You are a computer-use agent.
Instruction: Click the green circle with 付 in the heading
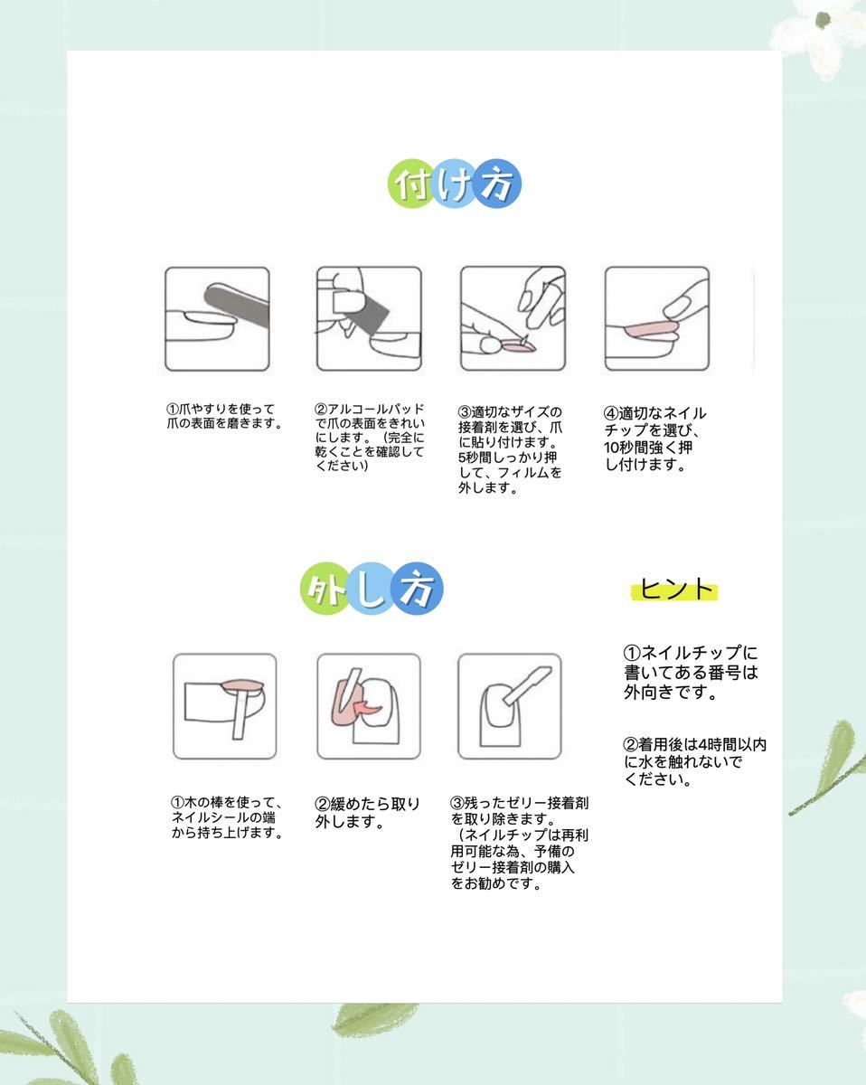412,185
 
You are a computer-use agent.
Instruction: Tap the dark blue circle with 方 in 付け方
497,185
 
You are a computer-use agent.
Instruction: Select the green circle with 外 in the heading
325,589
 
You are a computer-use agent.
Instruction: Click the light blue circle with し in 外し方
371,589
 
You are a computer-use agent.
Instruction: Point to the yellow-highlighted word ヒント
675,590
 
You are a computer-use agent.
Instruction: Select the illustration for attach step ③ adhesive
513,318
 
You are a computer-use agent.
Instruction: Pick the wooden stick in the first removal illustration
240,714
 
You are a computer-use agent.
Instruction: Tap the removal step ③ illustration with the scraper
509,706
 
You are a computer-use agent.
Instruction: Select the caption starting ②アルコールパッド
369,438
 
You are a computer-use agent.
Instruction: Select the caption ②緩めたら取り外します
367,813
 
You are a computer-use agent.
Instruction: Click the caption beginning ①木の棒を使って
227,817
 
